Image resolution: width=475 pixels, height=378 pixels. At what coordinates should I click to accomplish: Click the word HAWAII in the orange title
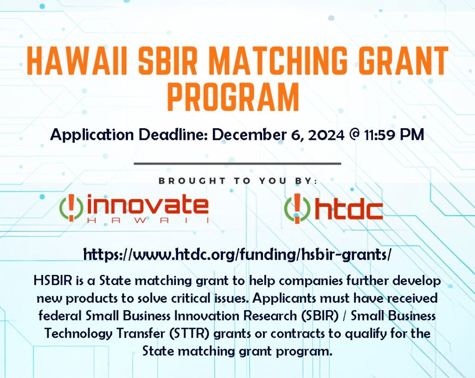(77, 61)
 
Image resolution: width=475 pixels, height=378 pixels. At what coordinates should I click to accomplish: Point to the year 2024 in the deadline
(326, 134)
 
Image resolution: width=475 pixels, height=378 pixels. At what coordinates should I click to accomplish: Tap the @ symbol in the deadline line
(354, 134)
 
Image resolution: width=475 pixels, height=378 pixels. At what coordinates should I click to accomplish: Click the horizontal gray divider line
(237, 163)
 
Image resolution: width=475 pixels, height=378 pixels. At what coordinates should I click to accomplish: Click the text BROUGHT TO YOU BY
(238, 181)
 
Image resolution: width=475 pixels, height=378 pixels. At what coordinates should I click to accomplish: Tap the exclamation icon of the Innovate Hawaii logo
(71, 208)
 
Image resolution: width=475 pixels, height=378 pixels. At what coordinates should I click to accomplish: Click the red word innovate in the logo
(148, 206)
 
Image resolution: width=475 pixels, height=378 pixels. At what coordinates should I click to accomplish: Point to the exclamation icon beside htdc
(297, 209)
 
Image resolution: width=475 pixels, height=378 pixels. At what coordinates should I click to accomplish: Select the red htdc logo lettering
(349, 209)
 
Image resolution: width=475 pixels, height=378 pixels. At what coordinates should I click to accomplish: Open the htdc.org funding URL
(237, 254)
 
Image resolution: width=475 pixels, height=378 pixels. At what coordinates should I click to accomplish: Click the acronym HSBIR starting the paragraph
(53, 280)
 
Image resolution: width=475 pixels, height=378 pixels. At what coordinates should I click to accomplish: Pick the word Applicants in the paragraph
(284, 299)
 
